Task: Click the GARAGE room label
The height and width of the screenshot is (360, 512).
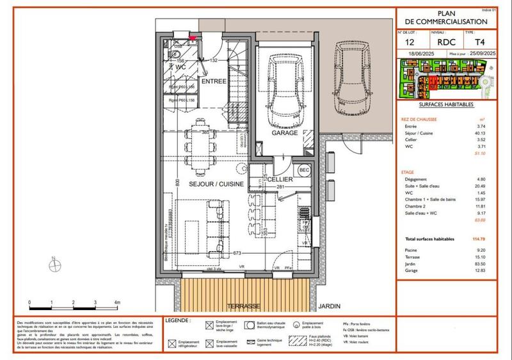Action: tap(285, 133)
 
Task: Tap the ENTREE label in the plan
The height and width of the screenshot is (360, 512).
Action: tap(213, 81)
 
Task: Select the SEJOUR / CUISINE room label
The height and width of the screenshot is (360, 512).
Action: tap(216, 184)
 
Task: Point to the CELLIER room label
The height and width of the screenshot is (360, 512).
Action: tap(280, 180)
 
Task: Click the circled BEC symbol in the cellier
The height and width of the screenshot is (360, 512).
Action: tap(304, 169)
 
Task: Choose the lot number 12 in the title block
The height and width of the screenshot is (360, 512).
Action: tap(410, 42)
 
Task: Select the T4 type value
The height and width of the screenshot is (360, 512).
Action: tap(470, 42)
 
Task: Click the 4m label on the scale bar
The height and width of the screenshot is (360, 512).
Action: tap(117, 302)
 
